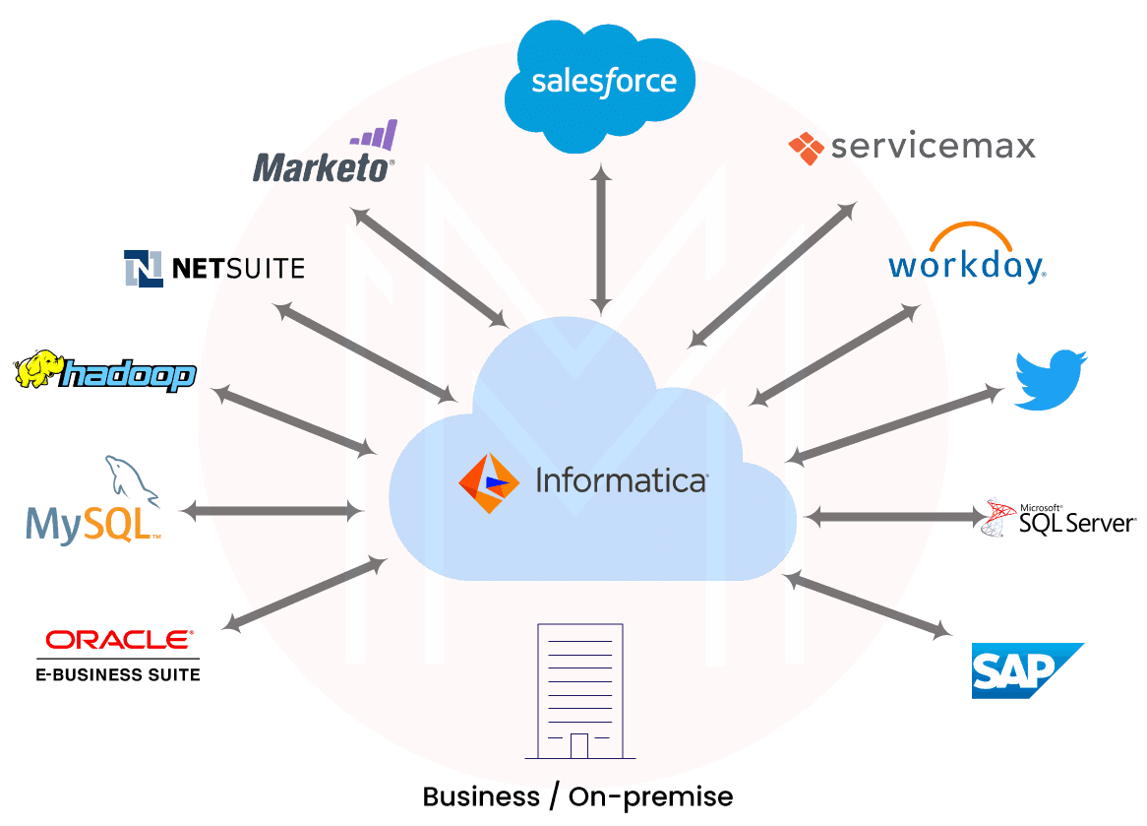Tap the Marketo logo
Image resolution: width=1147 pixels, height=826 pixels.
tap(324, 158)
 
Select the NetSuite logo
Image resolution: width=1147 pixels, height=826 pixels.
tap(214, 268)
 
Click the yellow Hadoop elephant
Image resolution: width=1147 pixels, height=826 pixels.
tap(37, 369)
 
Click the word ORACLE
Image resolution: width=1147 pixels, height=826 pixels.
tap(118, 640)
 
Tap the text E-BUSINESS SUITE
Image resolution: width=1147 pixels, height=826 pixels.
tap(118, 674)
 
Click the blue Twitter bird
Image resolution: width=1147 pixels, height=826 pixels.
tap(1051, 379)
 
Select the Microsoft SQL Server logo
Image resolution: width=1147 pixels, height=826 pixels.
tap(1060, 519)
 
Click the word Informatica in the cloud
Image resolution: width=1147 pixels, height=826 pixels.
tap(621, 480)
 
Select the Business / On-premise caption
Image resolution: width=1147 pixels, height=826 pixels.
tap(577, 795)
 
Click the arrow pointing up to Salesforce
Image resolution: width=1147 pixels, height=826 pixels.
tap(601, 236)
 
